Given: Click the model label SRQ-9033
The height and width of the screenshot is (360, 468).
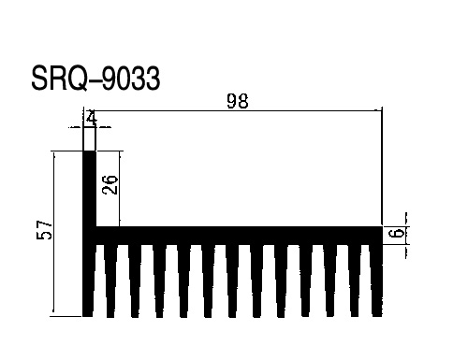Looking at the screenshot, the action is coord(95,79).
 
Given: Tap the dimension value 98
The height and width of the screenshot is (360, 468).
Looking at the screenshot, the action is coord(238,101).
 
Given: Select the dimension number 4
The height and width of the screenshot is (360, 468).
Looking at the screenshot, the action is coord(91,118).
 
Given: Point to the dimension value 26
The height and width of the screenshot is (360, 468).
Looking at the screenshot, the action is coord(110,184).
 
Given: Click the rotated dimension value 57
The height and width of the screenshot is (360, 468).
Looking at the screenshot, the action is coord(44,230).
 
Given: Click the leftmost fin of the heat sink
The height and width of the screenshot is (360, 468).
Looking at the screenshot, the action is coord(88,281).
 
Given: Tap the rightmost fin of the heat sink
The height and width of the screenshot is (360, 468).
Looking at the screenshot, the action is coord(376,281).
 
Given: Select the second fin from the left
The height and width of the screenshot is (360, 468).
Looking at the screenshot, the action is coord(110,281).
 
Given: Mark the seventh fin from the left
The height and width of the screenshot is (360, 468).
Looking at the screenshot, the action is coord(232,281).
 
